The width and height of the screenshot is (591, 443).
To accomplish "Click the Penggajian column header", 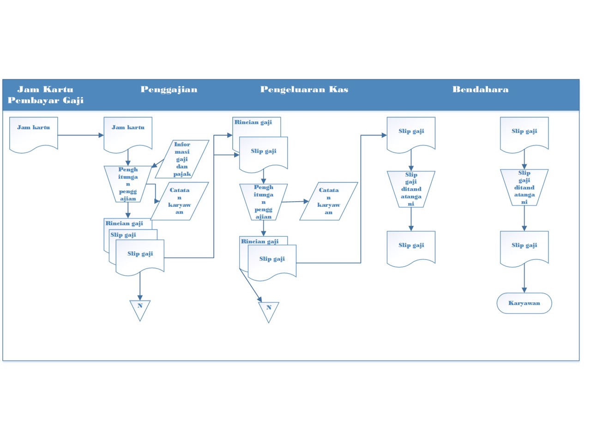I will tap(169, 90).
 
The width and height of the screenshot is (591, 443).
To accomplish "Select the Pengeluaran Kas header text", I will tap(304, 90).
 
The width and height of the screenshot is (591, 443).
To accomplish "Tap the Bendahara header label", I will tap(480, 90).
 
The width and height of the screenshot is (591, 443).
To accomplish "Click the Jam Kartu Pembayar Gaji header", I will tap(45, 95).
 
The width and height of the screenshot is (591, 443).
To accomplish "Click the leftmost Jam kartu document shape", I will tap(34, 133).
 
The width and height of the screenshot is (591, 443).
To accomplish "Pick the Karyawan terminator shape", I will tap(524, 303).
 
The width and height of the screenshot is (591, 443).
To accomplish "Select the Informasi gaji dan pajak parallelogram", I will tap(182, 159).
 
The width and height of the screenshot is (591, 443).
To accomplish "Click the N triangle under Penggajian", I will tap(140, 309).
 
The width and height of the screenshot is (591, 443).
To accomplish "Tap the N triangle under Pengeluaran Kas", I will tap(269, 311).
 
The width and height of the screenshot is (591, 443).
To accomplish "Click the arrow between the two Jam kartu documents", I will tap(81, 135).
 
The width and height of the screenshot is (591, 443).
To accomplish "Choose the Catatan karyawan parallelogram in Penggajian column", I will tap(180, 201).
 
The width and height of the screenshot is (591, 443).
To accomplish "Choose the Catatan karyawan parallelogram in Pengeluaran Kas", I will tap(329, 201).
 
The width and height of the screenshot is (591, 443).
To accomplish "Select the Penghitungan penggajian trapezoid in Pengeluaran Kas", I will tap(264, 202).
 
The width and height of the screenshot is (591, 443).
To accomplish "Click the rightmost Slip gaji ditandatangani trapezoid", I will tap(524, 187).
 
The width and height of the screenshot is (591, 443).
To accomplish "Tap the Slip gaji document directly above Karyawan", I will tap(524, 247).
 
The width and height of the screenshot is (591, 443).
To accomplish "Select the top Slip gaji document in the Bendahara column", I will tap(524, 133).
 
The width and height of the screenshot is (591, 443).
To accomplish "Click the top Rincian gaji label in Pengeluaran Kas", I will tap(253, 122).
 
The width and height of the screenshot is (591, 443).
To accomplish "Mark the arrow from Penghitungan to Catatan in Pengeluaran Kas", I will tap(295, 202).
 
